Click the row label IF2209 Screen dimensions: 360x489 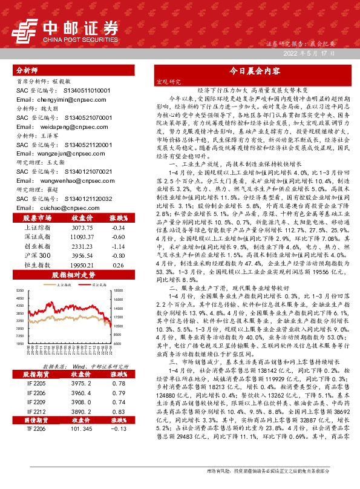point(37,384)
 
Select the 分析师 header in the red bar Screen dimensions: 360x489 point(28,70)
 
